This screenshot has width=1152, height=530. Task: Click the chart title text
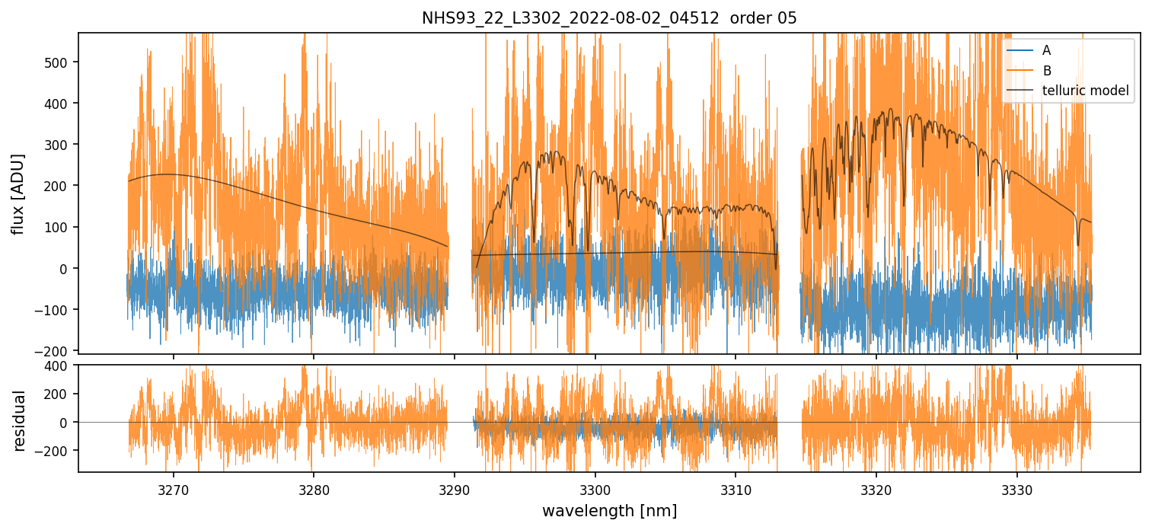609,18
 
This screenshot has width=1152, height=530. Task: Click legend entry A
1046,50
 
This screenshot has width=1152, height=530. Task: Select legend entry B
1046,71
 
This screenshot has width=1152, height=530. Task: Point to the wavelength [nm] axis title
609,510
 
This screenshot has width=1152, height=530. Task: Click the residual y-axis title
19,420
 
